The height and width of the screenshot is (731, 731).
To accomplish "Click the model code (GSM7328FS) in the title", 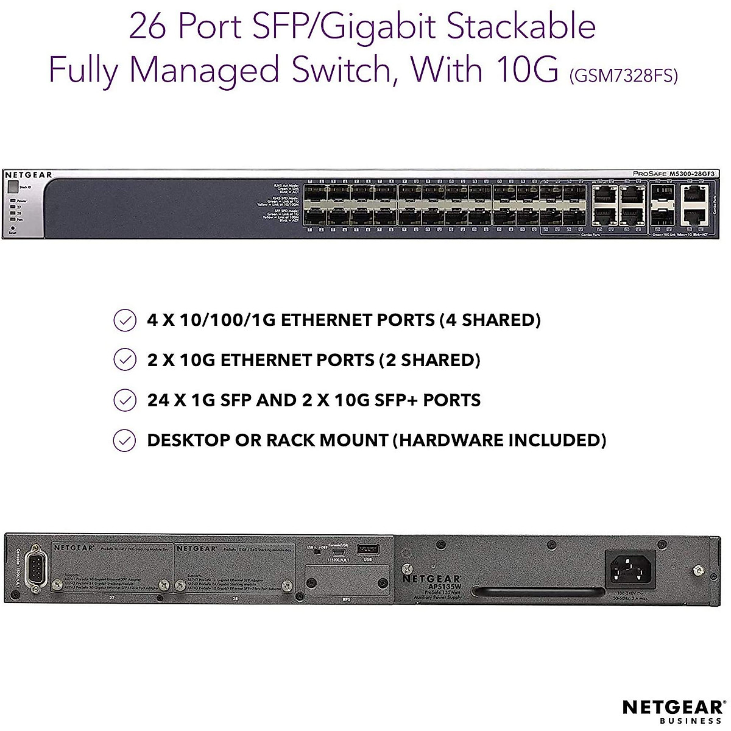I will (x=623, y=76).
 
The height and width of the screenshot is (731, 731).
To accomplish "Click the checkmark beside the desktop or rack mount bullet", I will (x=125, y=440).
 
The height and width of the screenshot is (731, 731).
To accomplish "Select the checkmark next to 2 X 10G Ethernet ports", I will (x=125, y=360).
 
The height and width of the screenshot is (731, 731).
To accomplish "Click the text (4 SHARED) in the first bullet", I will (x=490, y=320).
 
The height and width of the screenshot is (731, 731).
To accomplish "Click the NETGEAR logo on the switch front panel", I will (x=29, y=175).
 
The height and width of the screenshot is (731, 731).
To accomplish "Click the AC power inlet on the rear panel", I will (x=630, y=569).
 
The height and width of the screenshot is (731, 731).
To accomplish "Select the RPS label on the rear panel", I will (x=347, y=599).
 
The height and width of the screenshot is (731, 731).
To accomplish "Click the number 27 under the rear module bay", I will (x=110, y=599).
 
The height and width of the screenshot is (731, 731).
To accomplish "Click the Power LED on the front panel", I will (x=13, y=200).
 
